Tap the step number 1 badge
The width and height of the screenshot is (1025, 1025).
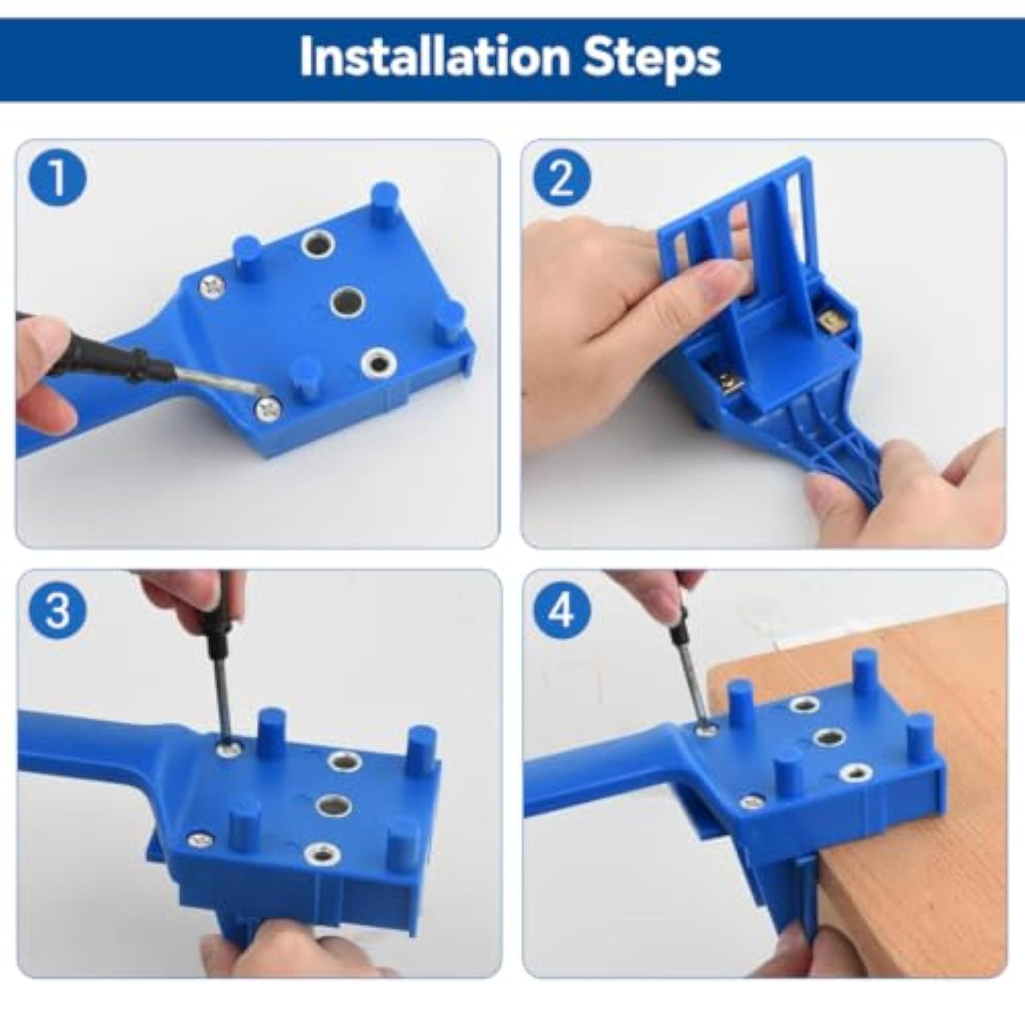(58, 178)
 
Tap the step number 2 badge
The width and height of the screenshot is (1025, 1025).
(562, 178)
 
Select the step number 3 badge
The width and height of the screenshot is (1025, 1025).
(58, 609)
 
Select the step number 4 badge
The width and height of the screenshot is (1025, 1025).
(562, 609)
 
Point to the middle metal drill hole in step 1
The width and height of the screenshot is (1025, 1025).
(347, 300)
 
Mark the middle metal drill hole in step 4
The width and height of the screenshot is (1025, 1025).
(829, 739)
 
